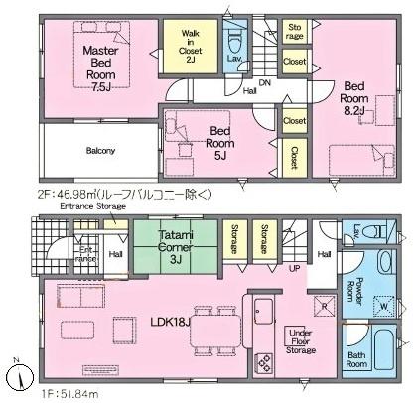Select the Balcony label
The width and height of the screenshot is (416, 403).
(99, 150)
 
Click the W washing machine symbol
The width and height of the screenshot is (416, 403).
(384, 305)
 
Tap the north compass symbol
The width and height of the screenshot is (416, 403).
(19, 377)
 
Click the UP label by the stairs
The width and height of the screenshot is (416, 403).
(295, 269)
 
